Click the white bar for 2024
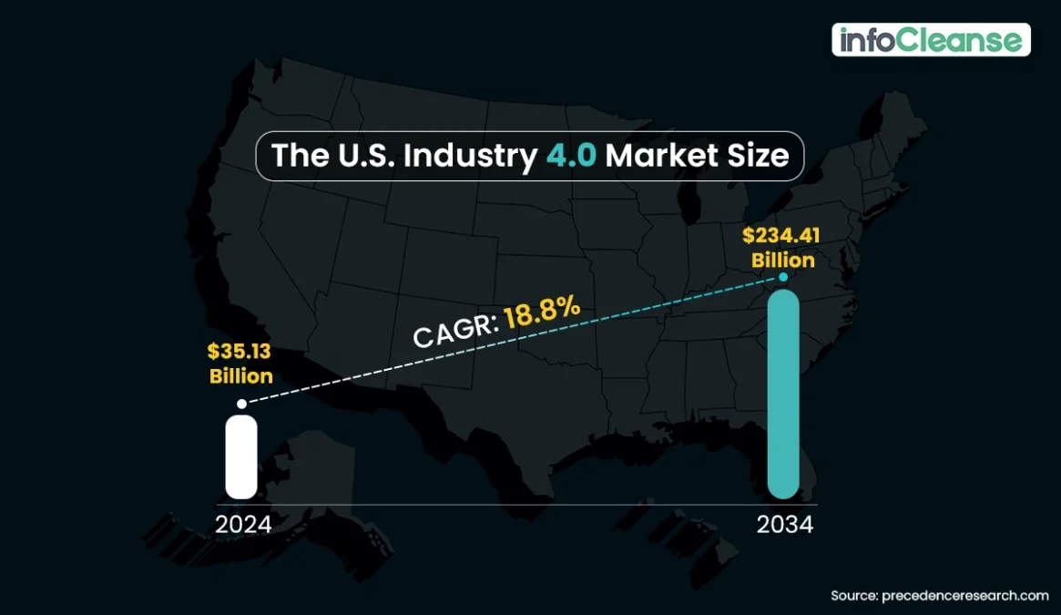(x=241, y=456)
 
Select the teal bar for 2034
(x=783, y=394)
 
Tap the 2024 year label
(x=243, y=525)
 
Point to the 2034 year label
(x=785, y=525)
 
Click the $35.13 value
(x=240, y=353)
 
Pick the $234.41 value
(x=781, y=236)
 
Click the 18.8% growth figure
(x=543, y=314)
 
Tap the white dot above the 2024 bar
(x=241, y=403)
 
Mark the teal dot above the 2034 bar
(x=783, y=276)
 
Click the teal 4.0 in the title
(x=572, y=156)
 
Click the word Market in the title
(x=649, y=156)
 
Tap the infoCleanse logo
(x=931, y=40)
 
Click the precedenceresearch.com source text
(x=965, y=596)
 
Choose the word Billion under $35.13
(x=241, y=375)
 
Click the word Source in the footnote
(x=853, y=596)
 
